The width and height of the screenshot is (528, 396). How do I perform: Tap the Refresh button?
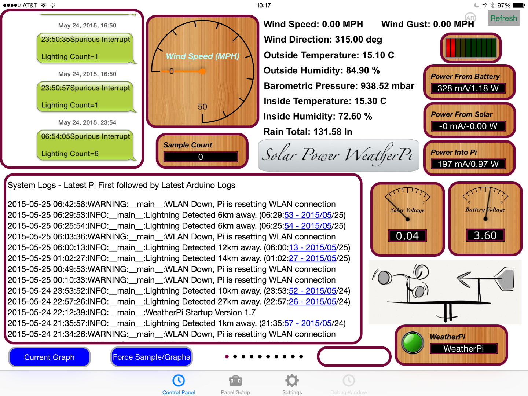[503, 18]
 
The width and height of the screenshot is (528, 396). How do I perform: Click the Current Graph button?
[49, 357]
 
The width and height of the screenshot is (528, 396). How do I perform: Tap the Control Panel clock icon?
[179, 381]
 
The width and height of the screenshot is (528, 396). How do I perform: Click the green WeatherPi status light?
[412, 342]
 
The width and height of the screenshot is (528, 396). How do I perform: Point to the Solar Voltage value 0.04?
[407, 236]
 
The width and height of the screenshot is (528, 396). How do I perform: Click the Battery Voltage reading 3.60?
[485, 235]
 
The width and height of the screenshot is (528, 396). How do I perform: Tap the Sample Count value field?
[201, 157]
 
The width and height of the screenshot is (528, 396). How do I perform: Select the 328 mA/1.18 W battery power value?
[468, 88]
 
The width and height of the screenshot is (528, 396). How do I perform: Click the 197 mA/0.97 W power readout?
[468, 164]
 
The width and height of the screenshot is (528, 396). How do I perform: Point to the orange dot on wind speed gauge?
[202, 71]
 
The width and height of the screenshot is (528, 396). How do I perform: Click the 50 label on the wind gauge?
[202, 107]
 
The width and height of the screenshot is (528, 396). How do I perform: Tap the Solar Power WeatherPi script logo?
[339, 155]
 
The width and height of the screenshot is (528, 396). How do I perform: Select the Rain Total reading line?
[308, 132]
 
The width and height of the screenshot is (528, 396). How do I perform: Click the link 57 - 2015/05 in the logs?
[308, 323]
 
